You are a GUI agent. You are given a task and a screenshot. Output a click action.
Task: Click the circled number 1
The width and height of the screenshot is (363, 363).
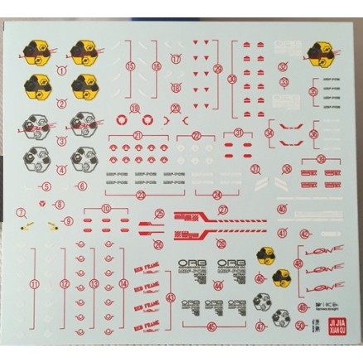tap(61, 71)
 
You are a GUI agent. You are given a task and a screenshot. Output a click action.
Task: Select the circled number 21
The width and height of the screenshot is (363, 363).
tap(138, 137)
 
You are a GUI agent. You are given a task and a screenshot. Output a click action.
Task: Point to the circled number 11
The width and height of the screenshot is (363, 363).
tap(34, 283)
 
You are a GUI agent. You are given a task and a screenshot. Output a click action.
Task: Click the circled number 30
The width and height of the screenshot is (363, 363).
tap(232, 80)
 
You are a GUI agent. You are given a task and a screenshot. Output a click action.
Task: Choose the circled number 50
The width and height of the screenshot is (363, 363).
tap(299, 325)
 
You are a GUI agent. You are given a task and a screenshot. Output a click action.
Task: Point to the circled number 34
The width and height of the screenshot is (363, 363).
tap(270, 133)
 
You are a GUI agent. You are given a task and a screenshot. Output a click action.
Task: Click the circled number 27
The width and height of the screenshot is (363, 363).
tap(222, 211)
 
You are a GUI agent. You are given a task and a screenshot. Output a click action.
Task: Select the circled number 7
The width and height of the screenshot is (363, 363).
tap(19, 211)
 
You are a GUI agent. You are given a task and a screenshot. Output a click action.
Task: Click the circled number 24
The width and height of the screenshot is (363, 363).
tap(216, 195)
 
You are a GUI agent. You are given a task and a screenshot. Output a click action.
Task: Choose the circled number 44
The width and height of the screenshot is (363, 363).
tap(218, 286)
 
